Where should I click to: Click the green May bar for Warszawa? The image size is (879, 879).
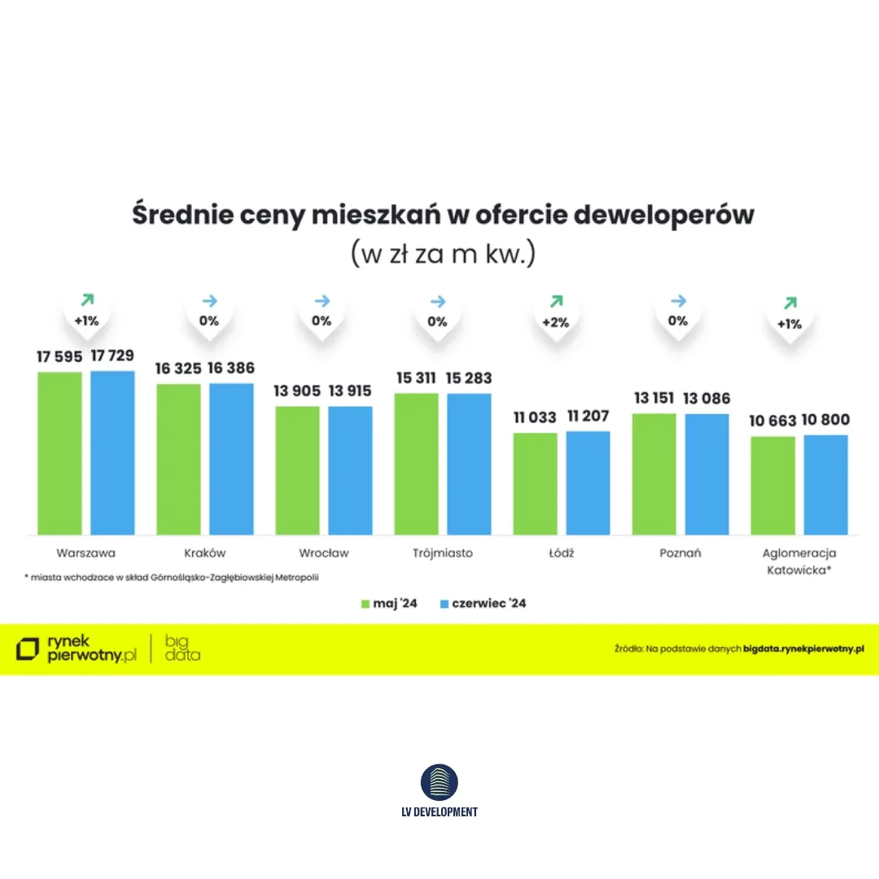[x=59, y=453]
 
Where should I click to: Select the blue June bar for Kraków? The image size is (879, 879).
[x=231, y=458]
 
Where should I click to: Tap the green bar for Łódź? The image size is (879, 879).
[x=535, y=483]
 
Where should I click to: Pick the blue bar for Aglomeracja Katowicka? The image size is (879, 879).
[x=825, y=485]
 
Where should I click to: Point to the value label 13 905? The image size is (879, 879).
[x=296, y=391]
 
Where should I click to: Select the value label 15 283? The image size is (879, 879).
[x=469, y=378]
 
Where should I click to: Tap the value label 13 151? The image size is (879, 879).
[x=654, y=399]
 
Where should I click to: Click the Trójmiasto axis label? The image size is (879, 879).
[x=442, y=553]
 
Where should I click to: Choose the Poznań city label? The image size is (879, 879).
[x=680, y=553]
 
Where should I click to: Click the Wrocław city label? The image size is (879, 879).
[x=323, y=553]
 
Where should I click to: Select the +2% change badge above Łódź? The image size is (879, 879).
[x=555, y=321]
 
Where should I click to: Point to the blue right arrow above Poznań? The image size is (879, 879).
[x=678, y=301]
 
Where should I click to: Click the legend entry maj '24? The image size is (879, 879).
[x=389, y=604]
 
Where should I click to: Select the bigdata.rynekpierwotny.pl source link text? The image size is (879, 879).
[x=803, y=649]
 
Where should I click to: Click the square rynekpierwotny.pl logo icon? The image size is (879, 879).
[x=28, y=649]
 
